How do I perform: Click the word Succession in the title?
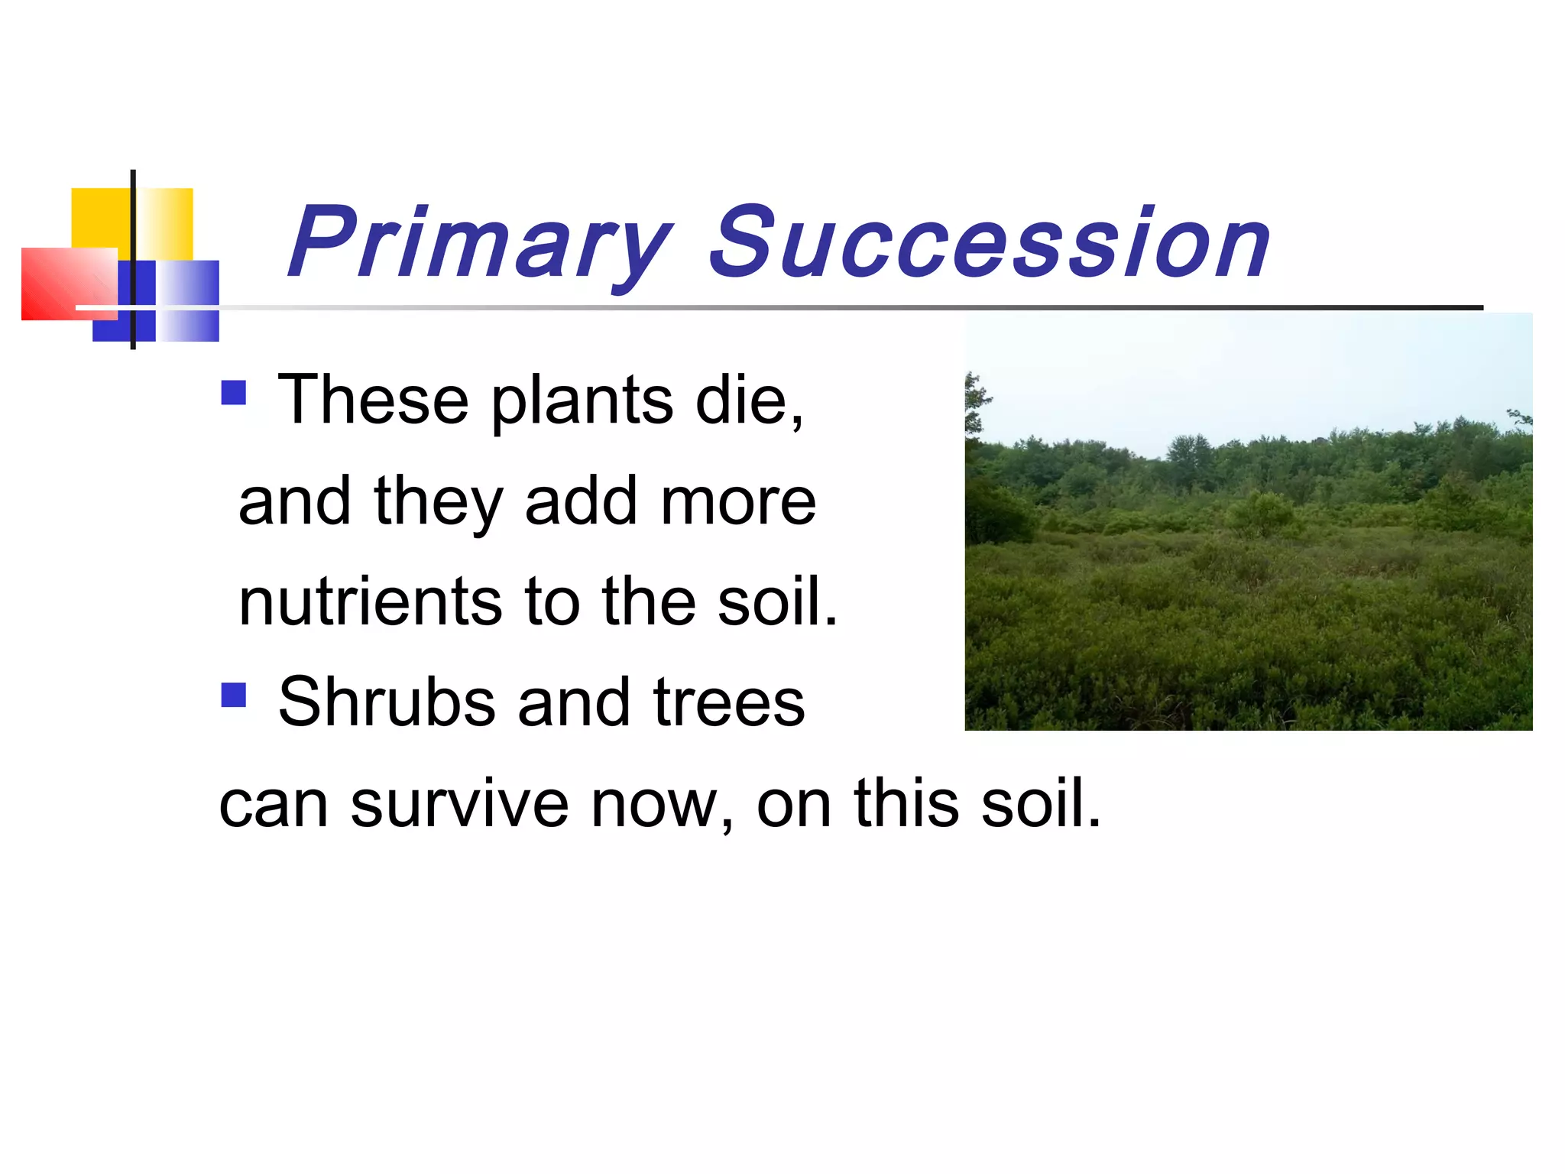point(990,243)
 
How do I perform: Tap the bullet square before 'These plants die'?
point(233,393)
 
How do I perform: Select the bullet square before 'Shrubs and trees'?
point(233,695)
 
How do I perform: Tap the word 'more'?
point(738,503)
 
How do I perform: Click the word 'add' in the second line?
point(581,501)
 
